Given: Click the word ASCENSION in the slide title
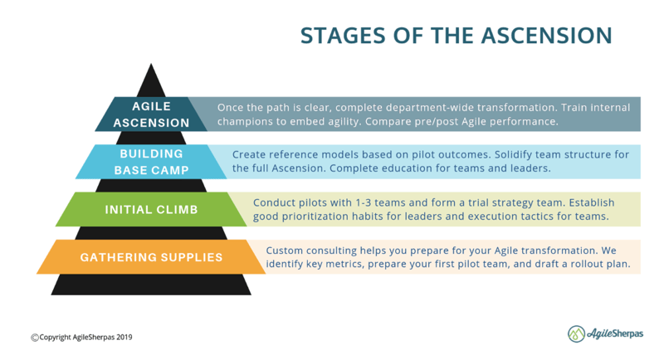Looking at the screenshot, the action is pyautogui.click(x=547, y=36).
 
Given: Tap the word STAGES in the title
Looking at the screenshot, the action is pyautogui.click(x=343, y=36).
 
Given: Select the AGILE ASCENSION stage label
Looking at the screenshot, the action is pyautogui.click(x=151, y=114).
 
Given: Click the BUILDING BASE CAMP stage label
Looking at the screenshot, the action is pyautogui.click(x=151, y=162).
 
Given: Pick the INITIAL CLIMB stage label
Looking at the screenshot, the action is pyautogui.click(x=151, y=209).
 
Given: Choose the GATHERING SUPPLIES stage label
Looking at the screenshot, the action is pyautogui.click(x=151, y=257).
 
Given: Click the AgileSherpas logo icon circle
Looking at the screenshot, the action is pyautogui.click(x=576, y=333).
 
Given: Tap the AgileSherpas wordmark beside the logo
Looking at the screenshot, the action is pyautogui.click(x=615, y=333).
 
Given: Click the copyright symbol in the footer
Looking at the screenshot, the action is pyautogui.click(x=35, y=337).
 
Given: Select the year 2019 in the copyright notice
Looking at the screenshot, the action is pyautogui.click(x=124, y=337).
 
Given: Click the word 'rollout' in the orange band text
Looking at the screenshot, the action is pyautogui.click(x=588, y=264).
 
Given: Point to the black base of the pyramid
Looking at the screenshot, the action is pyautogui.click(x=151, y=285).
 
